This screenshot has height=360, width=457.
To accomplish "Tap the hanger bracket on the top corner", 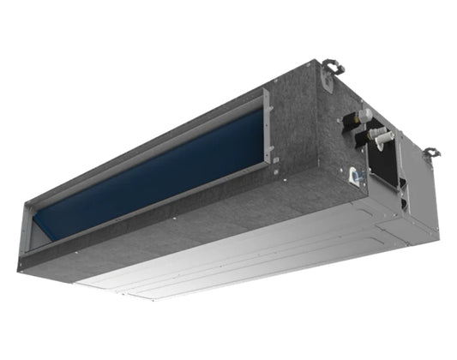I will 332,67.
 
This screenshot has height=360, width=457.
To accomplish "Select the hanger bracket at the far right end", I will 431,153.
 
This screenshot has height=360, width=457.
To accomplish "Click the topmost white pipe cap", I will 364,115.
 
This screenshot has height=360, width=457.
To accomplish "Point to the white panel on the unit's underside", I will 257,257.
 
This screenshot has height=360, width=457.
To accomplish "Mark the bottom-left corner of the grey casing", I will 19,267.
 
